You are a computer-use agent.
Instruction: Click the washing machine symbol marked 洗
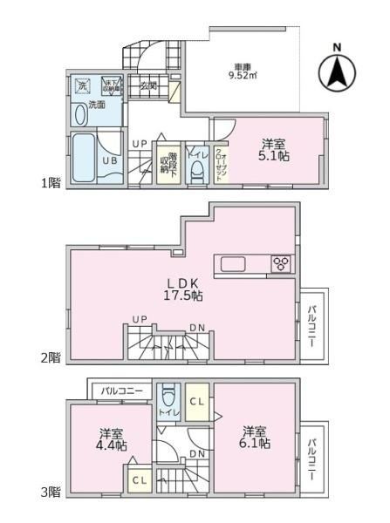click(x=83, y=86)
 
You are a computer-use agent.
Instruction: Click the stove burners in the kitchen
click(x=284, y=264)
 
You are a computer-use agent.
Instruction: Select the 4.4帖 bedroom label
click(x=112, y=439)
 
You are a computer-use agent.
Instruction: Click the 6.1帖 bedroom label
click(x=256, y=437)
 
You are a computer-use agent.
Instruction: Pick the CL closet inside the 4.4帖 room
click(x=138, y=480)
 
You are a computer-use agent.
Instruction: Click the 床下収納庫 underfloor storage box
click(x=109, y=85)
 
